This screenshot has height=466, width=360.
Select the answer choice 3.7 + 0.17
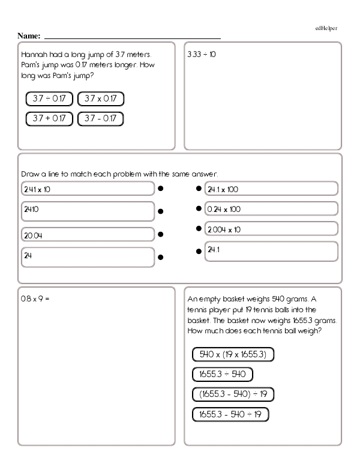49,118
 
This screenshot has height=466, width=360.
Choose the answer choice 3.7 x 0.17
100,98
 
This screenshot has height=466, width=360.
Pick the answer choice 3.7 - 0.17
100,118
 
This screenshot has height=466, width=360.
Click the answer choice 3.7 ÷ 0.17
49,98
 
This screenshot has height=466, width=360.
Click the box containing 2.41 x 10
88,189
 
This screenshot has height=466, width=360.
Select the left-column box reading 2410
88,211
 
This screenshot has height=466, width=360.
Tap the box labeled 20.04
88,234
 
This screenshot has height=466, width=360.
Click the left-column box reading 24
88,256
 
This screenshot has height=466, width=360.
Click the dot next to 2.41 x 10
161,189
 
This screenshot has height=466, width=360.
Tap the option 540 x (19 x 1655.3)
233,354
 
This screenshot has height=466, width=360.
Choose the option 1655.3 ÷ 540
222,375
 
